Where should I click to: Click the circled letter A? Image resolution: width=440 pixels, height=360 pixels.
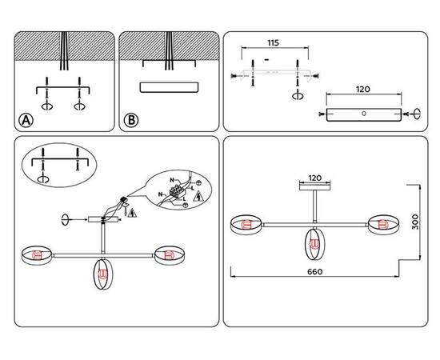click(x=26, y=120)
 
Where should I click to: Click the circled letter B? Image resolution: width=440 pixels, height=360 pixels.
click(x=131, y=120)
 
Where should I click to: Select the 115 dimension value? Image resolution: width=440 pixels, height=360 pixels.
click(x=274, y=43)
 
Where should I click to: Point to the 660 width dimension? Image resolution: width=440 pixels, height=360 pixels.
click(x=315, y=272)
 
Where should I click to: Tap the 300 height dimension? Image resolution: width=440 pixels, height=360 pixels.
click(x=414, y=222)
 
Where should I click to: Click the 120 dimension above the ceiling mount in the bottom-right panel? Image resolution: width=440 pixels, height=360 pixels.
click(x=315, y=178)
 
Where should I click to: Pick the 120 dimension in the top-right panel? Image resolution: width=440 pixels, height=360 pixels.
click(x=363, y=90)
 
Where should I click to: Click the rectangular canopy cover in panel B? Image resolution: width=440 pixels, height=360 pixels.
click(x=170, y=87)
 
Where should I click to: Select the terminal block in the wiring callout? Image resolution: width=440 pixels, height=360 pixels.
click(x=177, y=191)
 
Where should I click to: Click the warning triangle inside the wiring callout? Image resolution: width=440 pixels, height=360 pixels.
click(x=198, y=196)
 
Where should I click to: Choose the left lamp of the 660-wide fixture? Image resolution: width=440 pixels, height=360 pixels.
click(x=246, y=225)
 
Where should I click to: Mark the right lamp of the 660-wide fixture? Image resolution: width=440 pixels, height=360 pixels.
click(x=382, y=225)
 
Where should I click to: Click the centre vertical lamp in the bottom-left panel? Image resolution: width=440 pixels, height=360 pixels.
click(x=103, y=274)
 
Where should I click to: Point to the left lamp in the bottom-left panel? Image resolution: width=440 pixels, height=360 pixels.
click(x=37, y=255)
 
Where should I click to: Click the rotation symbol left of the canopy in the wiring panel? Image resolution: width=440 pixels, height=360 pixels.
click(x=65, y=220)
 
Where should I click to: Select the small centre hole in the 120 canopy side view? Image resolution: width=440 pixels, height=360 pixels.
click(x=364, y=114)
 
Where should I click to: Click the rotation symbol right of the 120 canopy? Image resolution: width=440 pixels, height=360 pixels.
click(x=418, y=114)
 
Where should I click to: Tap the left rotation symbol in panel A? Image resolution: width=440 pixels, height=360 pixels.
click(x=47, y=106)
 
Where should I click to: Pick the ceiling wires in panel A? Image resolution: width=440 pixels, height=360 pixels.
click(x=64, y=50)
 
